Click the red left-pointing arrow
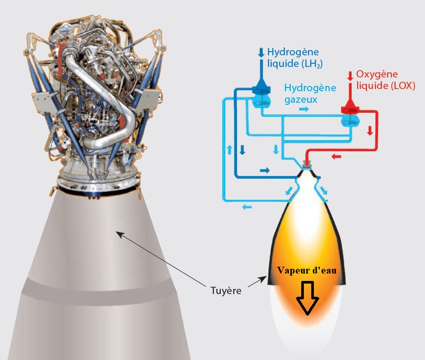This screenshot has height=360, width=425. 336,157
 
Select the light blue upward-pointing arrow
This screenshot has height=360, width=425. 229,150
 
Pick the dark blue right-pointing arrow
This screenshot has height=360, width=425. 264,170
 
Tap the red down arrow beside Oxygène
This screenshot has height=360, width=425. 351,76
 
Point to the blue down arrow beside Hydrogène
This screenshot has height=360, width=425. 261,53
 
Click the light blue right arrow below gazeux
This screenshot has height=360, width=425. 304,109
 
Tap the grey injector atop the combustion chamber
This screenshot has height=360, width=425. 306,164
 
